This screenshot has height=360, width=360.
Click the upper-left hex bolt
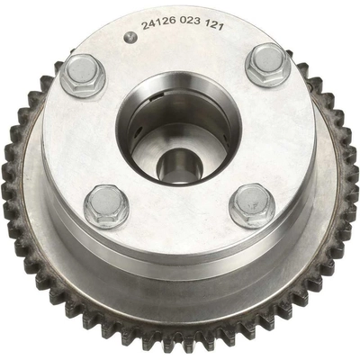83,76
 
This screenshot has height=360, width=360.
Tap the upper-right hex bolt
267,65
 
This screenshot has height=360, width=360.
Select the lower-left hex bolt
106,207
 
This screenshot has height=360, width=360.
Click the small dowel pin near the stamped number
130,37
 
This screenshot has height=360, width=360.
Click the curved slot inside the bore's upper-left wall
157,96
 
